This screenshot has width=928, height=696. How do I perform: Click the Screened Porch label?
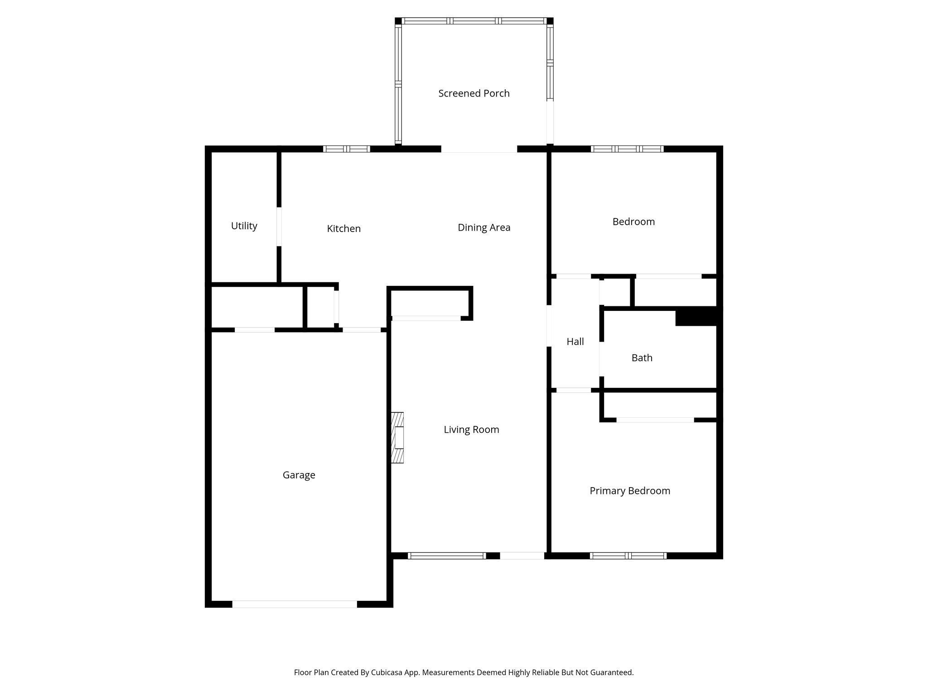point(474,93)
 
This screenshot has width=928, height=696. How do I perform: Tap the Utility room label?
point(244,226)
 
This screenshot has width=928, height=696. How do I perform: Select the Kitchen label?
point(344,229)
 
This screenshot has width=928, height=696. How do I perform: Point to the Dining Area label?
point(484,227)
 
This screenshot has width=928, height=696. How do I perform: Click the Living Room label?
point(471,430)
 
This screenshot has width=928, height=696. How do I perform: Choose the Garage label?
point(299,475)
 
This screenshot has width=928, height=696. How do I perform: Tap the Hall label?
point(575,342)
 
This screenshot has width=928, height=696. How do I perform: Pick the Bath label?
point(642,358)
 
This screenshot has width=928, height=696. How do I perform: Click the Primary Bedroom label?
point(630,491)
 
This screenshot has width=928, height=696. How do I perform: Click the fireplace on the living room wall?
point(397,438)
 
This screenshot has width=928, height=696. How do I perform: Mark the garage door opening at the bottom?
point(295,604)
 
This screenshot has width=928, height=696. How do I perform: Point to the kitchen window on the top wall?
point(347,149)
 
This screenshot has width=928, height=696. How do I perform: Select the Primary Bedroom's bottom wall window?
point(628,556)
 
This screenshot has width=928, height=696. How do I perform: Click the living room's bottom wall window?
point(447,556)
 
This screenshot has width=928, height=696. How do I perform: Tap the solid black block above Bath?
point(696,317)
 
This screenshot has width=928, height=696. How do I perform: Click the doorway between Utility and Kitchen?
point(279,227)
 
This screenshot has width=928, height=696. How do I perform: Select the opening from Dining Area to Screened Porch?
point(479,149)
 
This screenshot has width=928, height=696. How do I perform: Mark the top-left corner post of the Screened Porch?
point(398,21)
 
